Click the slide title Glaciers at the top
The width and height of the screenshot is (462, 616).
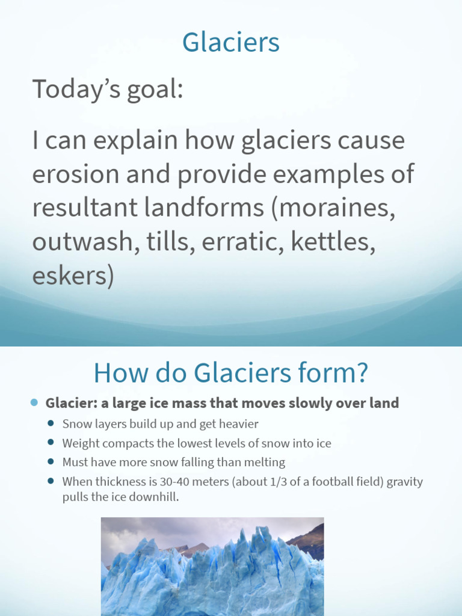point(231,43)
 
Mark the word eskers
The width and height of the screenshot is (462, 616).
point(72,276)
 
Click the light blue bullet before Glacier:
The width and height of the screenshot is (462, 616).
point(34,402)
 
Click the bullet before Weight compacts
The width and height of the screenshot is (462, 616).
point(51,443)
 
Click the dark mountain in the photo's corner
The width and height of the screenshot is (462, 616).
point(310,538)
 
